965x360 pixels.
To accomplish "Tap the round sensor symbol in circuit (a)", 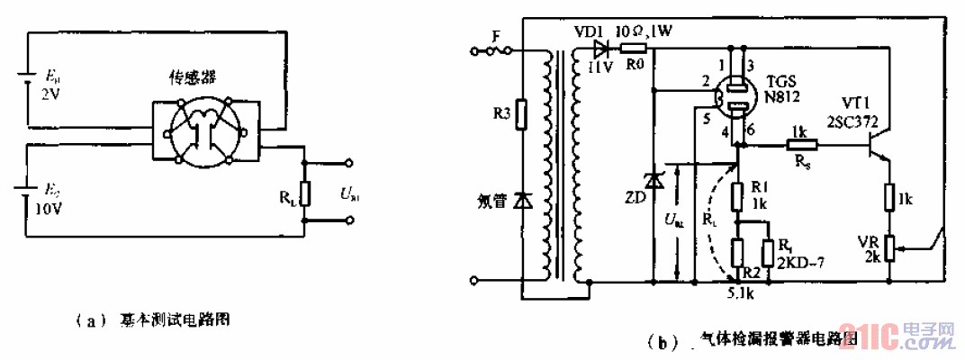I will [x=205, y=131].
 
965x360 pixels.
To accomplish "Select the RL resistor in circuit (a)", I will [x=305, y=192].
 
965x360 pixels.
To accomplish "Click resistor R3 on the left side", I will [x=519, y=115].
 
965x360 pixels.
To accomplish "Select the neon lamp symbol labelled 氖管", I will [x=519, y=202].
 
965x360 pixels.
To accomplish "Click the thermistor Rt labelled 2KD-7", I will [x=769, y=252].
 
